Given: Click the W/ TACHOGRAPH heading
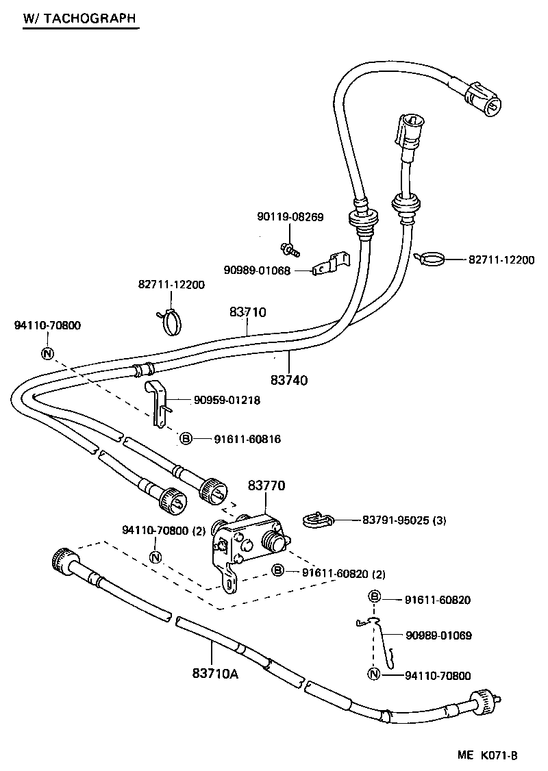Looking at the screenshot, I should pyautogui.click(x=79, y=18).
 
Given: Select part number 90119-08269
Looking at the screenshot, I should pyautogui.click(x=290, y=217).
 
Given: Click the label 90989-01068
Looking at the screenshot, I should pyautogui.click(x=257, y=270).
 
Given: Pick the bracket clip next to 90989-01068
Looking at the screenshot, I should pyautogui.click(x=330, y=264).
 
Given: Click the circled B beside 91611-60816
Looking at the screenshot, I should pyautogui.click(x=185, y=439).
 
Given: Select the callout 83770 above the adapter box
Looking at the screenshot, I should pyautogui.click(x=266, y=486).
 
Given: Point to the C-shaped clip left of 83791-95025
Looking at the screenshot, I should pyautogui.click(x=316, y=520).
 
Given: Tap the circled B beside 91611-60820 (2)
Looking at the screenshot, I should pyautogui.click(x=277, y=570).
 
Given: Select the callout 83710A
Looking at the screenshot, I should pyautogui.click(x=215, y=674).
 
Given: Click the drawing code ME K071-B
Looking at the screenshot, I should pyautogui.click(x=487, y=755).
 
